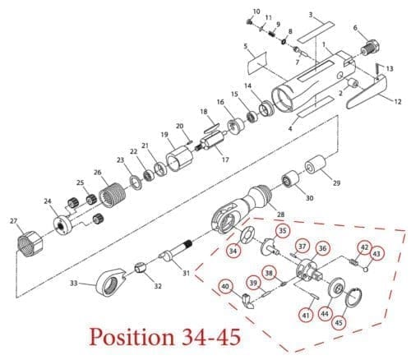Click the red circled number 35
click(283, 231)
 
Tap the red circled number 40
click(225, 287)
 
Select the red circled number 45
click(339, 322)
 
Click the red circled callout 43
click(376, 254)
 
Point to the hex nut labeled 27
click(30, 244)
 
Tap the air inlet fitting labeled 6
click(370, 48)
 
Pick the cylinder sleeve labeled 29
click(316, 164)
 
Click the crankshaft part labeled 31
click(176, 251)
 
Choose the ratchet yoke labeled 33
click(111, 283)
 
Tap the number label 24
click(48, 201)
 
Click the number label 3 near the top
click(311, 15)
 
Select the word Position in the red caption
click(132, 336)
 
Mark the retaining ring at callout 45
click(355, 299)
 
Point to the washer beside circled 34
click(247, 235)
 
